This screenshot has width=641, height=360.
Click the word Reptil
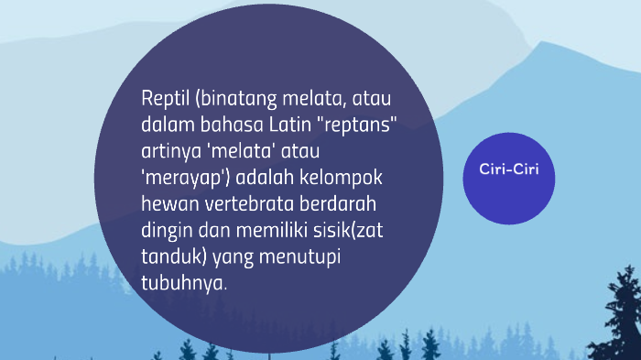pyautogui.click(x=163, y=98)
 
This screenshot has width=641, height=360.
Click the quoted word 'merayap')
pyautogui.click(x=179, y=175)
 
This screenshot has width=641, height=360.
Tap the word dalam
pyautogui.click(x=167, y=124)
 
